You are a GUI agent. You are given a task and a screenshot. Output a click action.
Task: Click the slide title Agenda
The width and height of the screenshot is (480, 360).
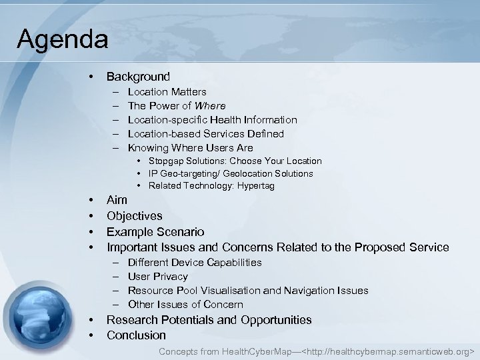(63, 39)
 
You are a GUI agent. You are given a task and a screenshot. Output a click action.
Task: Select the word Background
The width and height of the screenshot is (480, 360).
(138, 77)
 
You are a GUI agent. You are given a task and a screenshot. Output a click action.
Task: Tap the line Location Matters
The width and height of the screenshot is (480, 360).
(167, 91)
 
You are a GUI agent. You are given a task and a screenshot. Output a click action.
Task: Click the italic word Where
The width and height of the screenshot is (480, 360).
(210, 105)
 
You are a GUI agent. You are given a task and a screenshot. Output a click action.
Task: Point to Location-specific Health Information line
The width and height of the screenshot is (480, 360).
(212, 119)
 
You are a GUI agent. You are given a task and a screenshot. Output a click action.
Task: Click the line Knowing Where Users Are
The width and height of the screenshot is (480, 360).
(190, 147)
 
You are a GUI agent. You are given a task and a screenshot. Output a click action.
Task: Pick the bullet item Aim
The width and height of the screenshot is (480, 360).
(117, 200)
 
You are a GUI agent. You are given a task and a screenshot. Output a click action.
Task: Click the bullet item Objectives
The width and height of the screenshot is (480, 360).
(134, 216)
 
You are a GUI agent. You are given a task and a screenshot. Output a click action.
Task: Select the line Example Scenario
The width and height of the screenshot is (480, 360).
(155, 232)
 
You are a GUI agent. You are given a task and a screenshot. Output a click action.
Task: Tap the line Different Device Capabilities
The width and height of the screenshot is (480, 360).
(194, 263)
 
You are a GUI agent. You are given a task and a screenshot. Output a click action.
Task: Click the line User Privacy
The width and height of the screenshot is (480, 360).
(157, 277)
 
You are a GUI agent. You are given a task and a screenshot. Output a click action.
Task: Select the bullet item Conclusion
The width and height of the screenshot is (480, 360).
(136, 335)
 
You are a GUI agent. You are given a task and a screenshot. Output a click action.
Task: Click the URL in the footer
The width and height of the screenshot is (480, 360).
(389, 351)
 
